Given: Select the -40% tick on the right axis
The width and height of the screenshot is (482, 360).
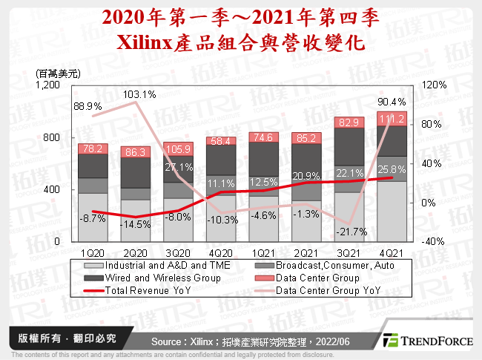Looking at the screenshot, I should pos(432,242).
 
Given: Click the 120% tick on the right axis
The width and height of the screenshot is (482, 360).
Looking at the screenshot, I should pos(432,85).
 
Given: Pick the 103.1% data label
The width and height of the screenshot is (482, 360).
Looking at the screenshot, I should pos(139,94).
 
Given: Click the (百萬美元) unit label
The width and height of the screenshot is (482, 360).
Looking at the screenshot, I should pos(57,73).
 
